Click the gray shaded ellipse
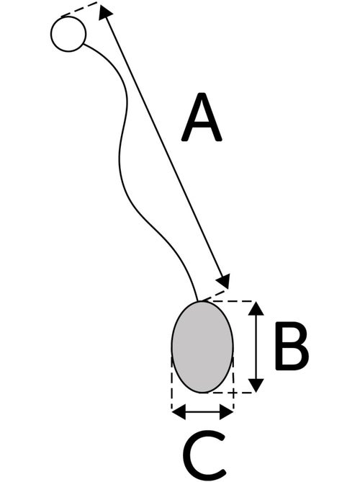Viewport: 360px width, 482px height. pyautogui.click(x=202, y=347)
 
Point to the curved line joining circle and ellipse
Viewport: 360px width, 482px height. pyautogui.click(x=120, y=160)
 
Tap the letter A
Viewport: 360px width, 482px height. pyautogui.click(x=202, y=117)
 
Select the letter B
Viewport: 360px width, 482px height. pyautogui.click(x=292, y=346)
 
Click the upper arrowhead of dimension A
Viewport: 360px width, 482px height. pyautogui.click(x=104, y=13)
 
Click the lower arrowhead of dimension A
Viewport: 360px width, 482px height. pyautogui.click(x=224, y=281)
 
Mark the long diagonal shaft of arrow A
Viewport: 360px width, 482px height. pyautogui.click(x=165, y=148)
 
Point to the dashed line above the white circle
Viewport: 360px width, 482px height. pyautogui.click(x=79, y=9)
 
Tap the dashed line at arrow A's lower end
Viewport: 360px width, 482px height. pyautogui.click(x=214, y=295)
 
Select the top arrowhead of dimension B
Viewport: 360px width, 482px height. pyautogui.click(x=256, y=308)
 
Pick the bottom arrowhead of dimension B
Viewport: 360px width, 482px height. pyautogui.click(x=256, y=385)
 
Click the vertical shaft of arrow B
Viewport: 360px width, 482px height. pyautogui.click(x=256, y=347)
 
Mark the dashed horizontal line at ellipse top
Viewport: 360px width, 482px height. pyautogui.click(x=230, y=301)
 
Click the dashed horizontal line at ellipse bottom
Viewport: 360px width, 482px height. pyautogui.click(x=230, y=393)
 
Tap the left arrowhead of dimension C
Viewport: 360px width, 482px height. pyautogui.click(x=179, y=412)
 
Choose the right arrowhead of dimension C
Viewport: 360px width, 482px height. pyautogui.click(x=227, y=412)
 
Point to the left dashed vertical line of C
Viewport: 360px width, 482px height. pyautogui.click(x=171, y=383)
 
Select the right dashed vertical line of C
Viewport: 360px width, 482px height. pyautogui.click(x=233, y=383)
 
